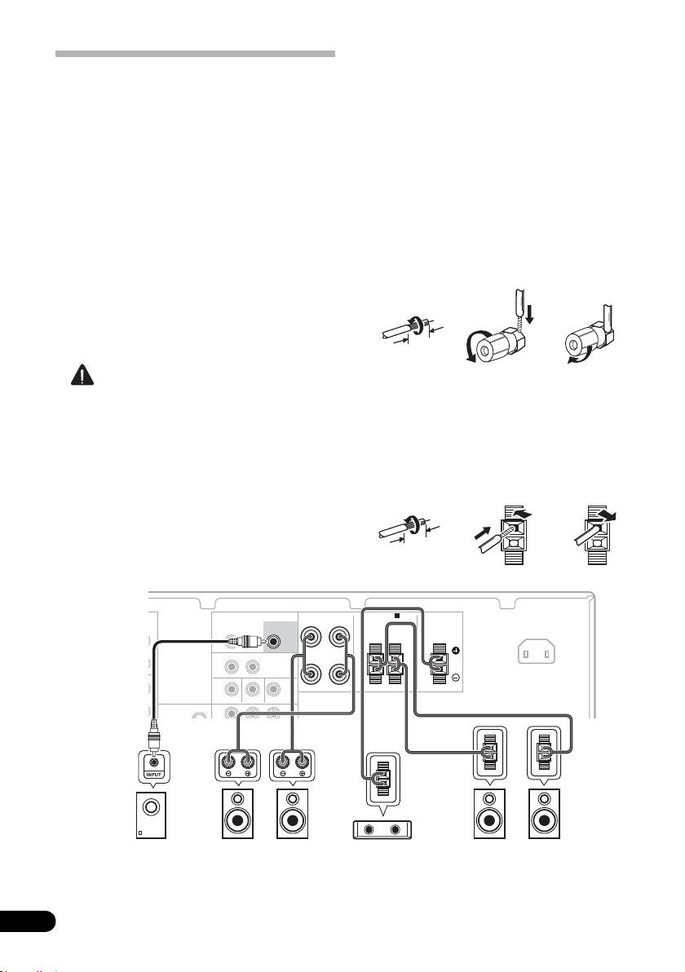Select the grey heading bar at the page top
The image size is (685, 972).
click(195, 54)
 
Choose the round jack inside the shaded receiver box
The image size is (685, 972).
click(281, 642)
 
